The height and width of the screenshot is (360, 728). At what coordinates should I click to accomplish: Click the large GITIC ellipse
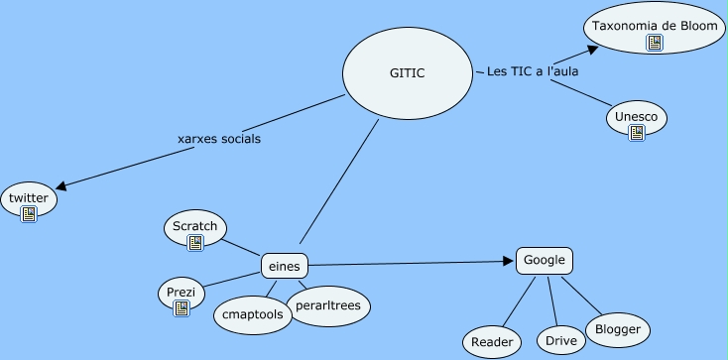(407, 72)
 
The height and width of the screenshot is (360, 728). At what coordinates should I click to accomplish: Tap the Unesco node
(636, 116)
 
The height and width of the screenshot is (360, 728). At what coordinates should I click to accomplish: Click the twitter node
(28, 198)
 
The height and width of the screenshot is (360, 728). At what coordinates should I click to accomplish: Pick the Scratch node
(194, 226)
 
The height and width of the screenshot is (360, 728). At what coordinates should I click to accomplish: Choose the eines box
(285, 266)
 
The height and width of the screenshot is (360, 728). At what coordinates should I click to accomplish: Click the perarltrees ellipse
(328, 303)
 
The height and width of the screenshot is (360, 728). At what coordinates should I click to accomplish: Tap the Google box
(545, 261)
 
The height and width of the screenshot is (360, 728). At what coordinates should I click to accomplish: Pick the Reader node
(492, 342)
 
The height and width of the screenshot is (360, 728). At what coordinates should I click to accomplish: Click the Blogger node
(617, 329)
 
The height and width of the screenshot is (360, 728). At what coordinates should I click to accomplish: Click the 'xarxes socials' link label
(218, 139)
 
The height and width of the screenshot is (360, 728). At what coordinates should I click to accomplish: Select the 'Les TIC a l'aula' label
(533, 71)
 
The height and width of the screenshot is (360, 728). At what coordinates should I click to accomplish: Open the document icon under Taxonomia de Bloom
(655, 43)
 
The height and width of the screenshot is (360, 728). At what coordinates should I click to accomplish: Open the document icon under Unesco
(637, 132)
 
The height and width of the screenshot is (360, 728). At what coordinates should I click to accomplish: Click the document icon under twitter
(29, 213)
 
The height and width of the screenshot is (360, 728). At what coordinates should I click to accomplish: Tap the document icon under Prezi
(182, 308)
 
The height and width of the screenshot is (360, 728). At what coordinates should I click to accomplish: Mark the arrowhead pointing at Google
(508, 262)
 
